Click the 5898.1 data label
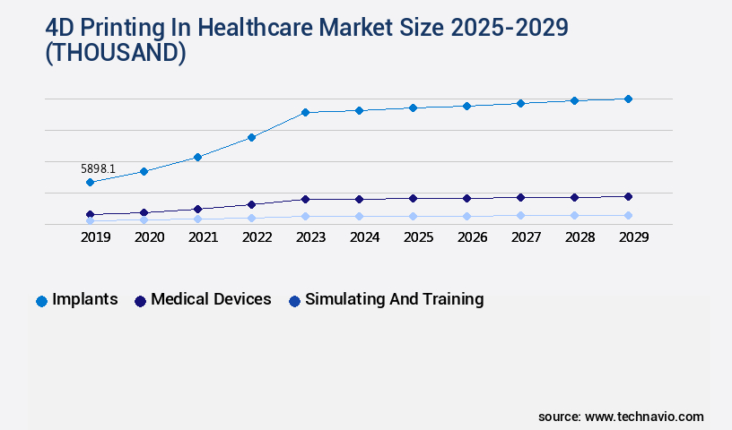click(x=98, y=168)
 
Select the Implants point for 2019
click(x=90, y=182)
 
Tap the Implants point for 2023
click(x=305, y=112)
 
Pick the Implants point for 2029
click(x=628, y=99)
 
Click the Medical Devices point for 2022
click(x=251, y=204)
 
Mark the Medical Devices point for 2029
click(x=628, y=196)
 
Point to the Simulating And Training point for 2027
click(x=520, y=215)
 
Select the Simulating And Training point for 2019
click(x=90, y=220)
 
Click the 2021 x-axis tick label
click(x=203, y=237)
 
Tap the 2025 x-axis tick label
click(x=418, y=237)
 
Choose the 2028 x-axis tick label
click(x=579, y=237)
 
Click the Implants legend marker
click(x=41, y=301)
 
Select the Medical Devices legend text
click(x=211, y=299)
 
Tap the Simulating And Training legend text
click(x=394, y=299)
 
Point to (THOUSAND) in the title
click(x=116, y=54)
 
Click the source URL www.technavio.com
click(x=644, y=417)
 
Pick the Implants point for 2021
click(x=197, y=157)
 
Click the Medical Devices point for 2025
click(x=413, y=198)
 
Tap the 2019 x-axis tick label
click(x=95, y=237)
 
